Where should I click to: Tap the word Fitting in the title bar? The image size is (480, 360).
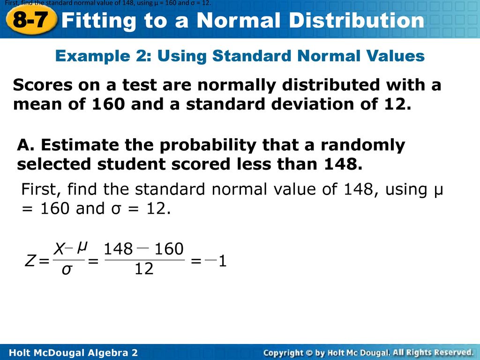pyautogui.click(x=98, y=21)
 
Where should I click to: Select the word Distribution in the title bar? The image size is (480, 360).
pyautogui.click(x=357, y=20)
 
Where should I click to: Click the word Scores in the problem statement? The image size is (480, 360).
pyautogui.click(x=43, y=85)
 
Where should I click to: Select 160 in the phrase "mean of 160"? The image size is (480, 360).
pyautogui.click(x=108, y=104)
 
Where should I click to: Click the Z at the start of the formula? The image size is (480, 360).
pyautogui.click(x=30, y=261)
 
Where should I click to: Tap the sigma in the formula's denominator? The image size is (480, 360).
pyautogui.click(x=67, y=270)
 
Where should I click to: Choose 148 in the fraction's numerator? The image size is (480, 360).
pyautogui.click(x=118, y=249)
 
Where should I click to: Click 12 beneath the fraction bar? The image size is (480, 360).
pyautogui.click(x=144, y=269)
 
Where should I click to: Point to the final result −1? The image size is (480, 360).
pyautogui.click(x=216, y=261)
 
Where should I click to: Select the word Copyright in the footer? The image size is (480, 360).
pyautogui.click(x=283, y=353)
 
